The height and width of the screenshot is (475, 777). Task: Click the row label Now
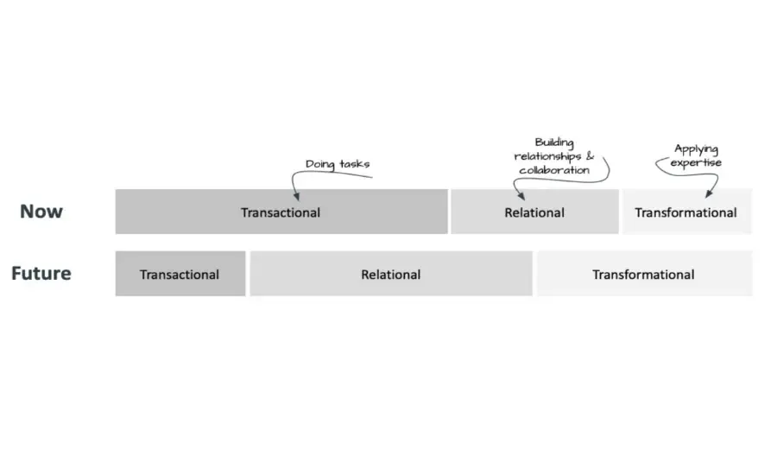click(x=41, y=212)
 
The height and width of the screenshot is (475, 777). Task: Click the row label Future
click(x=41, y=273)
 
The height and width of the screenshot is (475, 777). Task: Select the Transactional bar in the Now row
click(x=281, y=212)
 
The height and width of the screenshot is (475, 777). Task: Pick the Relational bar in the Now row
click(x=534, y=212)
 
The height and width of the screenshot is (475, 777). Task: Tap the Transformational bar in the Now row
click(x=687, y=212)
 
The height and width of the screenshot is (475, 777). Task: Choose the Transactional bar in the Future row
click(x=180, y=274)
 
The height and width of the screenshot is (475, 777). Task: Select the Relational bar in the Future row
click(x=391, y=274)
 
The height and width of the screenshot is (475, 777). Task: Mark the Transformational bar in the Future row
click(x=644, y=274)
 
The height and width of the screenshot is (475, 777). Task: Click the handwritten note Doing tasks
click(x=338, y=164)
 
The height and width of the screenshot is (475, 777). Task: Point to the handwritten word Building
click(x=554, y=142)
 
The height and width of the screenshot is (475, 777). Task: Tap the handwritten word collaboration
click(x=554, y=170)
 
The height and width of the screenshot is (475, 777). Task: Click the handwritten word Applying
click(x=696, y=149)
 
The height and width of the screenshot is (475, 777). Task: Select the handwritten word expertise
click(x=696, y=162)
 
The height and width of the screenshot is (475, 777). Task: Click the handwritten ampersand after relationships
click(x=590, y=155)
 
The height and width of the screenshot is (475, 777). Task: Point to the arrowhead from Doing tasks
click(x=296, y=196)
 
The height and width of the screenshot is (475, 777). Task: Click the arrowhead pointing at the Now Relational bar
click(x=521, y=196)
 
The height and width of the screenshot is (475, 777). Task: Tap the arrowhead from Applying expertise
click(x=709, y=193)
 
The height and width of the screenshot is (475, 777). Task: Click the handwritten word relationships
click(x=547, y=156)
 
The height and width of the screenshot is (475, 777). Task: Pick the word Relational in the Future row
click(x=391, y=274)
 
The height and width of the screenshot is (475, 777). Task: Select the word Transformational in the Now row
click(x=685, y=212)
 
